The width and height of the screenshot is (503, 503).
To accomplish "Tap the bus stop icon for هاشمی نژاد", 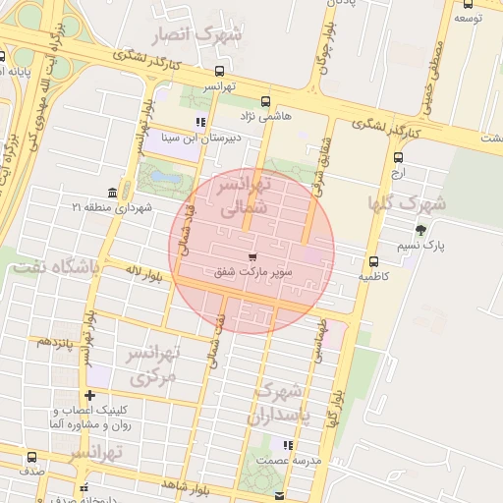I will point(265,101).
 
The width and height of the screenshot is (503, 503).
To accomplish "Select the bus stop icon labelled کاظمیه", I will point(373,261).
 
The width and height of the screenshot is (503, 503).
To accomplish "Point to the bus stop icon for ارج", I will point(398,157).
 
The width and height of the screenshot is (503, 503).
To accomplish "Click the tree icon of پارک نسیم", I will point(421,230).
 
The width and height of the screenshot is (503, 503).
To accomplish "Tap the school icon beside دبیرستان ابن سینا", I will point(201,123).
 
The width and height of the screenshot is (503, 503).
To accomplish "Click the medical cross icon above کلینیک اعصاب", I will point(90,395).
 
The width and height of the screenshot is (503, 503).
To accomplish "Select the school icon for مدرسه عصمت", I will point(288,445).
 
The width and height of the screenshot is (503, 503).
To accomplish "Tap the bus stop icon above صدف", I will point(31,457).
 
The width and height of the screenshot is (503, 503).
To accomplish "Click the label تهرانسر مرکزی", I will point(152,363).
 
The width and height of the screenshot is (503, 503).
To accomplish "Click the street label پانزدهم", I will point(58,343).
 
